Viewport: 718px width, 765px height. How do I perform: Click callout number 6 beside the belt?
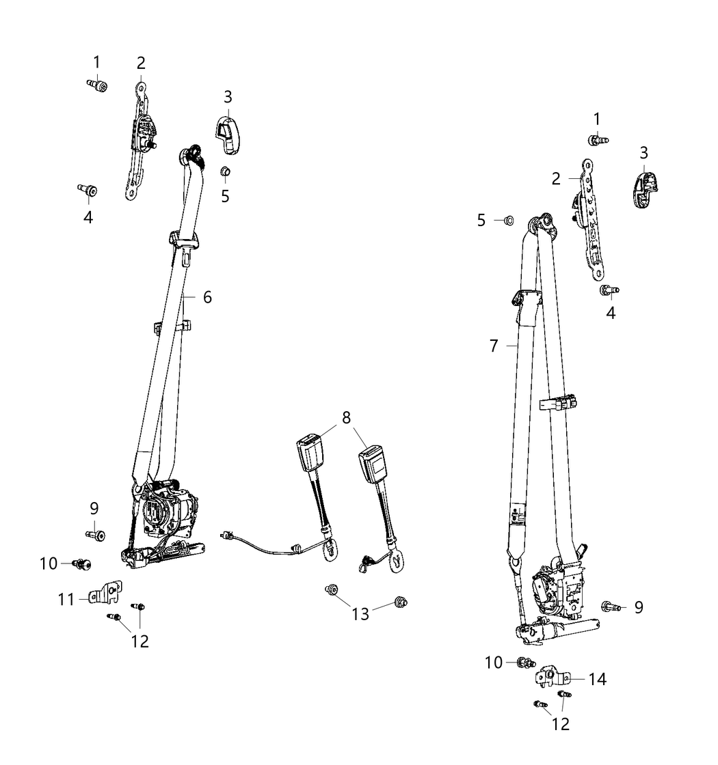(x=208, y=297)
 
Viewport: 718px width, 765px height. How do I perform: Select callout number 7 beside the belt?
(x=494, y=346)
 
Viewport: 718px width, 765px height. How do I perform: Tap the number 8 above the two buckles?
(x=346, y=417)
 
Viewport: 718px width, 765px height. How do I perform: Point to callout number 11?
(x=66, y=599)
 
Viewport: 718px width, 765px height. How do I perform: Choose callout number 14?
(x=598, y=679)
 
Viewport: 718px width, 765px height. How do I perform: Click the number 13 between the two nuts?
(x=360, y=614)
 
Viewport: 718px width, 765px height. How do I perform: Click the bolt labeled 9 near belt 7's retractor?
(x=611, y=607)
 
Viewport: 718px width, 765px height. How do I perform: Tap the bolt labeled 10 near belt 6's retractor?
(x=81, y=564)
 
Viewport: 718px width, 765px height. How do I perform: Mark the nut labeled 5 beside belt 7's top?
(x=509, y=221)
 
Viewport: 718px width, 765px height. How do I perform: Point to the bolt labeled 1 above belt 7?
(x=598, y=141)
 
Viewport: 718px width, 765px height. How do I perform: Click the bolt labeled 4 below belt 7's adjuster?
(x=609, y=291)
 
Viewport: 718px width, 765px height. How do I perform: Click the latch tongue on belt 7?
(x=527, y=307)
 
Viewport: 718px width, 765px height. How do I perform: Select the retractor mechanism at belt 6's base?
(x=163, y=525)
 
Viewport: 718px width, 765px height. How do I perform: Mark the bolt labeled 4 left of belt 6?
(x=88, y=190)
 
